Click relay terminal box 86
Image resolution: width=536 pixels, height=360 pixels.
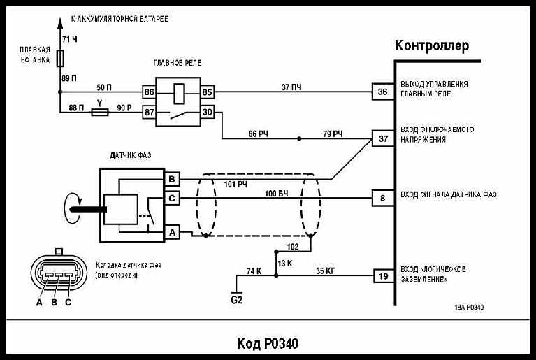pyautogui.click(x=149, y=92)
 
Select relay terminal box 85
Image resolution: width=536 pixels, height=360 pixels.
pyautogui.click(x=208, y=92)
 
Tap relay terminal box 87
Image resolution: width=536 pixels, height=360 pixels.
pyautogui.click(x=149, y=112)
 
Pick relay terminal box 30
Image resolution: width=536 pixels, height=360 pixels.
pyautogui.click(x=208, y=112)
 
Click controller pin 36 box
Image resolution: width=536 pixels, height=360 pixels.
pyautogui.click(x=382, y=92)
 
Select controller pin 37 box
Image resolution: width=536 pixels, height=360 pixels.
pyautogui.click(x=382, y=138)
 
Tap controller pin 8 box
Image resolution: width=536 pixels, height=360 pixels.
pyautogui.click(x=382, y=198)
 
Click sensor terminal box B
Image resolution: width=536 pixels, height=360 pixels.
pyautogui.click(x=172, y=180)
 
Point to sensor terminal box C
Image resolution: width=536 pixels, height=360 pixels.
pyautogui.click(x=172, y=199)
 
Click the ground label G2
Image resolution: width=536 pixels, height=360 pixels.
pyautogui.click(x=237, y=301)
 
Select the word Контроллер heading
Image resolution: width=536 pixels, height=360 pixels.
pyautogui.click(x=431, y=46)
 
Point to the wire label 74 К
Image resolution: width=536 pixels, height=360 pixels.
pyautogui.click(x=254, y=270)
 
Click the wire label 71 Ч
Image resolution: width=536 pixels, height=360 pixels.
pyautogui.click(x=70, y=38)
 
